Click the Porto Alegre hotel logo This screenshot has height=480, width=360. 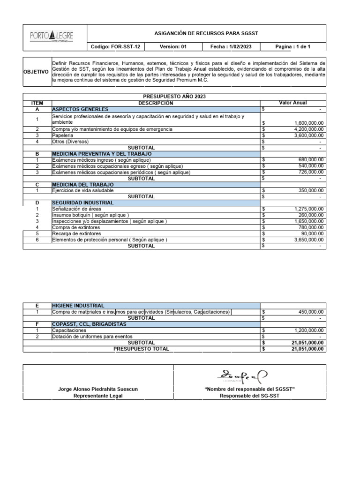pos(52,36)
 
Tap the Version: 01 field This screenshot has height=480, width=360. pos(173,47)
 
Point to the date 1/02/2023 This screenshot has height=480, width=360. pos(231,47)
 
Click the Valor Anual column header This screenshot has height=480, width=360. pos(293,103)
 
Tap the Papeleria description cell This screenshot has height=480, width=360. pos(63,135)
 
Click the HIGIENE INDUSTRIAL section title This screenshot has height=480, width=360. pos(78,306)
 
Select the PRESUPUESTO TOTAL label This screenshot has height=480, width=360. pos(141,349)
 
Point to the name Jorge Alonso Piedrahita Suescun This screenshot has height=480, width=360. pos(97,389)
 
